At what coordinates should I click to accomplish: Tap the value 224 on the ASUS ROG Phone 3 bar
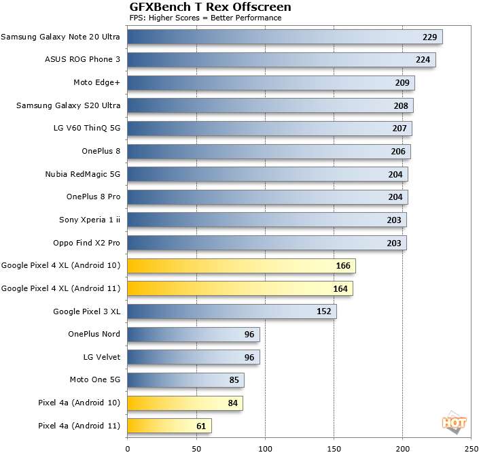[x=424, y=60]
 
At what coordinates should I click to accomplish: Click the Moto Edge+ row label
[x=96, y=82]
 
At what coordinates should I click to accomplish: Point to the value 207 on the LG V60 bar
[x=399, y=129]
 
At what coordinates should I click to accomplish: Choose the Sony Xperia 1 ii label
[x=90, y=220]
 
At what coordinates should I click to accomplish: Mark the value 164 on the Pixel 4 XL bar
[x=340, y=289]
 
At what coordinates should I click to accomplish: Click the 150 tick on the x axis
[x=334, y=449]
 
